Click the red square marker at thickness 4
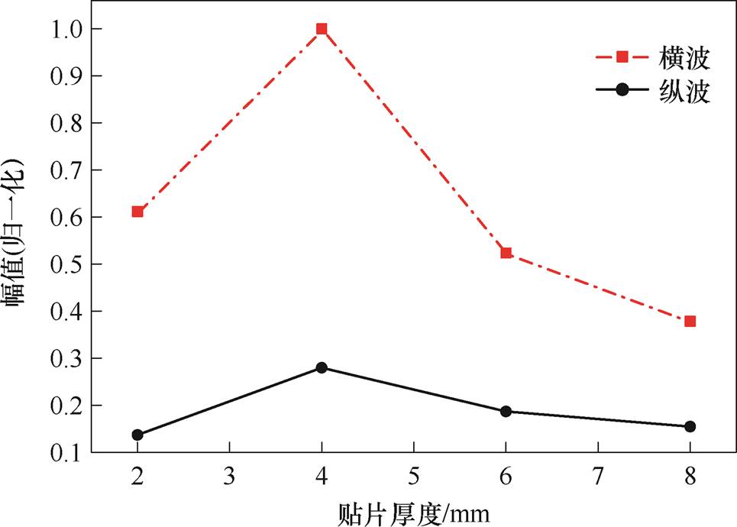tap(322, 29)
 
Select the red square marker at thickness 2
tap(137, 212)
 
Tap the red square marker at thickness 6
tap(506, 253)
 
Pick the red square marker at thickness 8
tap(690, 322)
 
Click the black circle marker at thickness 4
tap(322, 367)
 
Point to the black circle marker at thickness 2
tap(137, 435)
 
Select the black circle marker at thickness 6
tap(506, 412)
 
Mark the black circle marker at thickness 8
tap(690, 426)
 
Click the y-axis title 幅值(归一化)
tap(17, 233)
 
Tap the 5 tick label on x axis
tap(413, 475)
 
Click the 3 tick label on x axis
tap(229, 475)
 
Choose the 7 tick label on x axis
tap(598, 475)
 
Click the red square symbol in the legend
tap(622, 57)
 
